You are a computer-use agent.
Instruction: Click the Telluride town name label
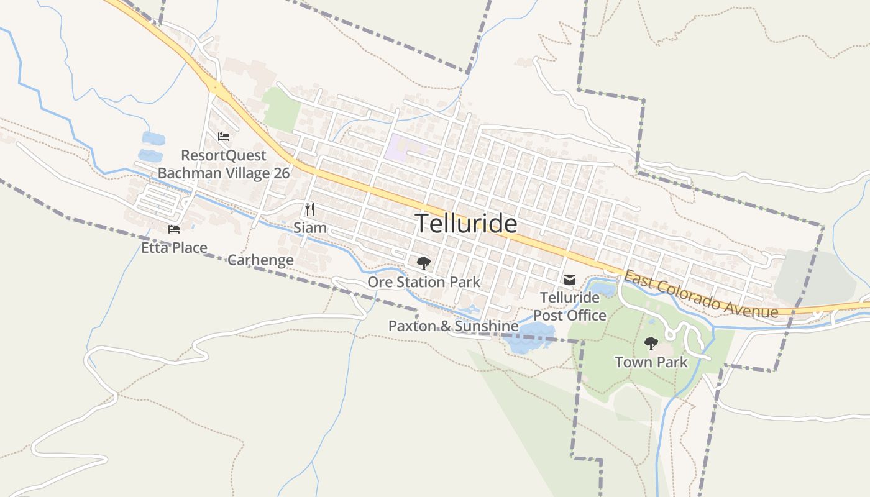(x=465, y=224)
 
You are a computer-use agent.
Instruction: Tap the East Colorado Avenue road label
(x=700, y=294)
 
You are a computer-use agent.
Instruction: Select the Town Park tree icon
(x=651, y=343)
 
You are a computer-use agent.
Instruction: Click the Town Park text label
(x=651, y=362)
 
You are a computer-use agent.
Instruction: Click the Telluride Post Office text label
(x=570, y=306)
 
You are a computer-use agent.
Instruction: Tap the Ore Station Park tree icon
(x=424, y=263)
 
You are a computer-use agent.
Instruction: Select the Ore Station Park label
(x=424, y=282)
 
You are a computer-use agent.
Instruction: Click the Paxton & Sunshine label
(x=453, y=326)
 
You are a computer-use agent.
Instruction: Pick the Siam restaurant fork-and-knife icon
(x=310, y=209)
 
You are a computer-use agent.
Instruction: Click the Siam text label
(x=310, y=228)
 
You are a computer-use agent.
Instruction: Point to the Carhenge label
(x=260, y=260)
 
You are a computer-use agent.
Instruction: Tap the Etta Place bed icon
(x=174, y=229)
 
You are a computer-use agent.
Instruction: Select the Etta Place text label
(x=174, y=248)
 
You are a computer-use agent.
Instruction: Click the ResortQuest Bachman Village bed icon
(x=224, y=137)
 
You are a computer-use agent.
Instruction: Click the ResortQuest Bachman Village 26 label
(x=224, y=164)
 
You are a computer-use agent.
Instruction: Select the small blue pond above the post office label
(x=603, y=288)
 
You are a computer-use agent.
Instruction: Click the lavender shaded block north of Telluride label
(x=404, y=148)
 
